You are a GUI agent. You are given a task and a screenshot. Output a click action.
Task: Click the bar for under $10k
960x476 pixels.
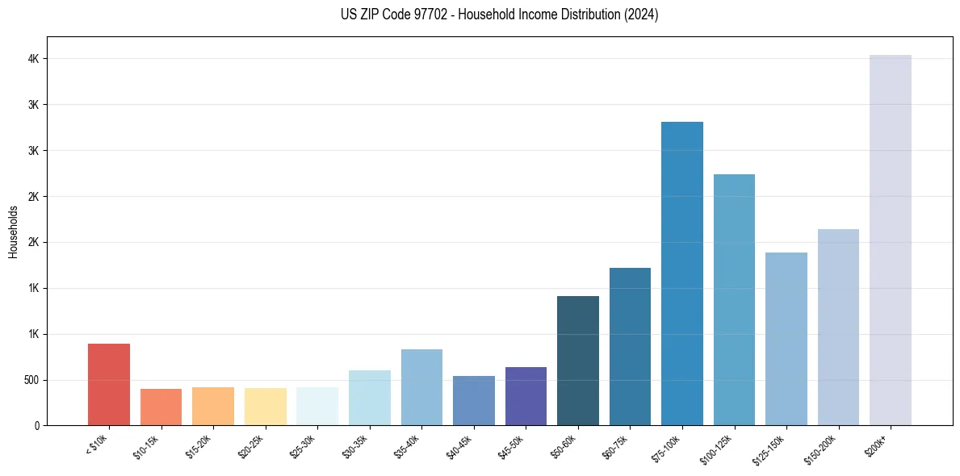pyautogui.click(x=109, y=385)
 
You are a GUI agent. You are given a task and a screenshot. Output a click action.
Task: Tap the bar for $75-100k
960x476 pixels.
pyautogui.click(x=682, y=273)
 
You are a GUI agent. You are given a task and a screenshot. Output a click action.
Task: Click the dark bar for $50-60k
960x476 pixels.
pyautogui.click(x=578, y=361)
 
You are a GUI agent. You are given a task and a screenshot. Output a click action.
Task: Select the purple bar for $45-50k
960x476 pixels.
pyautogui.click(x=526, y=396)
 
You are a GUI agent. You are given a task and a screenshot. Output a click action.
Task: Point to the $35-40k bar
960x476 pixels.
pyautogui.click(x=421, y=387)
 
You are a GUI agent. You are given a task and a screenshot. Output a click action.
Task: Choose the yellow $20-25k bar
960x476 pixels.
pyautogui.click(x=266, y=407)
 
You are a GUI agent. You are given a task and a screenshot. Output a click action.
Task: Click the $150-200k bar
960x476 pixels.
pyautogui.click(x=838, y=328)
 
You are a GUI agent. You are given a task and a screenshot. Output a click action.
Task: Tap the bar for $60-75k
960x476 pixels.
pyautogui.click(x=630, y=347)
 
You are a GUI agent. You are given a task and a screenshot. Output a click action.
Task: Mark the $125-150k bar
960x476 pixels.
pyautogui.click(x=786, y=339)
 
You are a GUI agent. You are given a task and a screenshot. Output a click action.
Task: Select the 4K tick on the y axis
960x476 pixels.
pyautogui.click(x=33, y=59)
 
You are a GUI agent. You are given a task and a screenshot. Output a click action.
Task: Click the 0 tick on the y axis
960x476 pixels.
pyautogui.click(x=37, y=425)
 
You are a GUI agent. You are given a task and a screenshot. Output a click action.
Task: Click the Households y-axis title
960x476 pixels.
pyautogui.click(x=14, y=232)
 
